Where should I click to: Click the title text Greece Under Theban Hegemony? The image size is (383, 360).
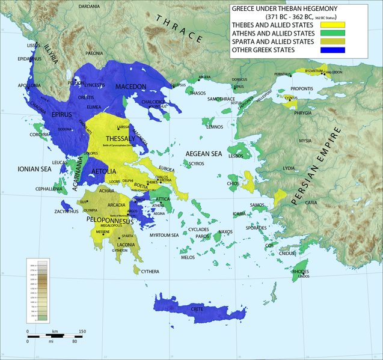(x=280, y=10)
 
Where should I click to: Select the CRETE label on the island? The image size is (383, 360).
(x=197, y=309)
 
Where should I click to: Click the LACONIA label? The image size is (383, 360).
(x=126, y=245)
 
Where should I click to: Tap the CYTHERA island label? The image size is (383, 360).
(x=150, y=272)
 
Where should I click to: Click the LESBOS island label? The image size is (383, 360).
(x=236, y=156)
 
